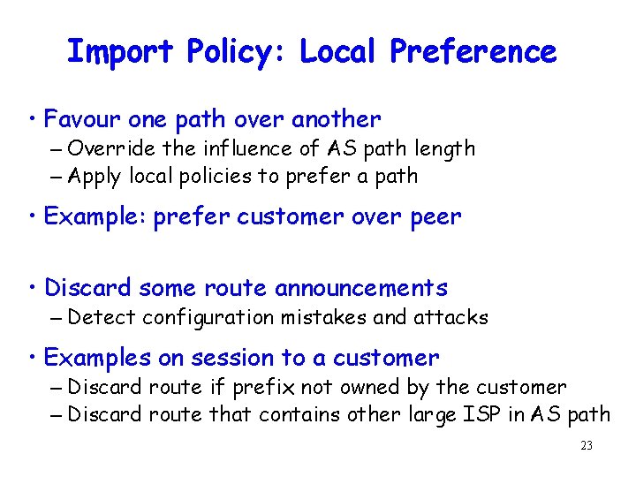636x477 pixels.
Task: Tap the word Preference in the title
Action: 473,52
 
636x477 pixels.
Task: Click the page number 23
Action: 587,446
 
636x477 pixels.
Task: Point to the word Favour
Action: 82,119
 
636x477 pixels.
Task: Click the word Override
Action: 106,149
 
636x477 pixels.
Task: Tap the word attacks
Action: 453,317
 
